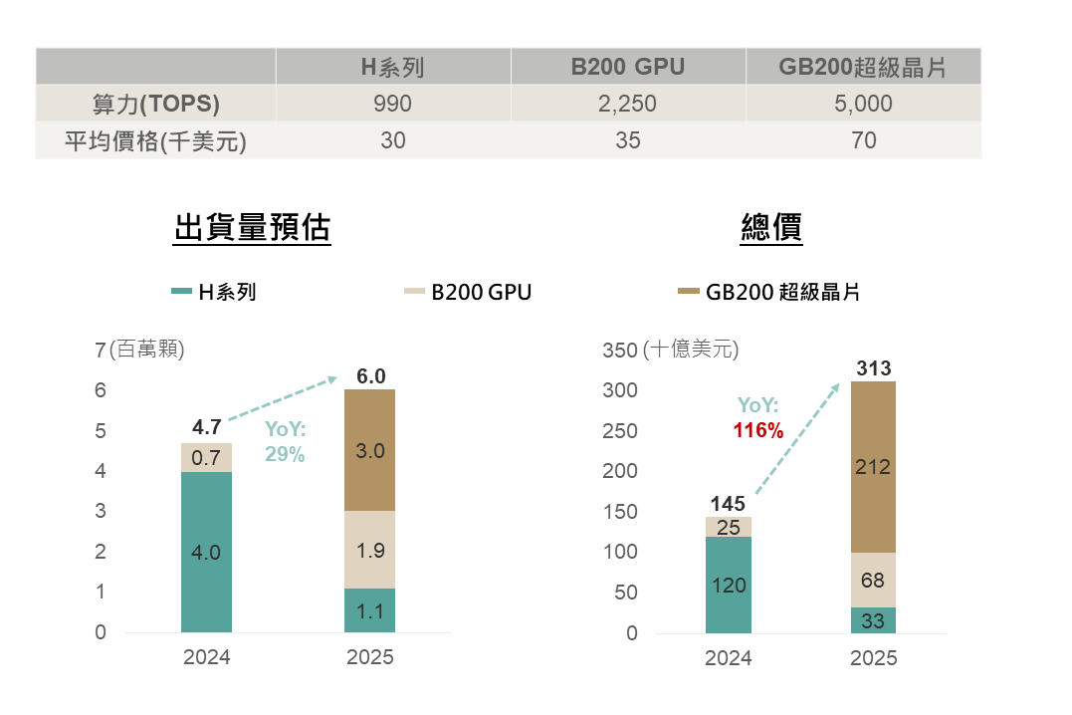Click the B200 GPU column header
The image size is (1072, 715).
[x=628, y=68]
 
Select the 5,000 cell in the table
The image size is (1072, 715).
[x=864, y=104]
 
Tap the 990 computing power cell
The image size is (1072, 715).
[x=393, y=104]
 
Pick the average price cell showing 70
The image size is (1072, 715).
[x=864, y=140]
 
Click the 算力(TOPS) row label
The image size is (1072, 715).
[x=155, y=104]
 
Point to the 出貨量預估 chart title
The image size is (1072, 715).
[x=252, y=228]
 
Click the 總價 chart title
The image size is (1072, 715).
[x=772, y=228]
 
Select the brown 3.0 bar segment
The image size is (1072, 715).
[x=369, y=450]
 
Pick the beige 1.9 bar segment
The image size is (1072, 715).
[x=369, y=550]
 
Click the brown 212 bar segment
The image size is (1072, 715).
[x=873, y=466]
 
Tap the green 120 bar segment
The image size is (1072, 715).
[x=729, y=585]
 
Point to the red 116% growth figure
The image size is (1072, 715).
[x=758, y=431]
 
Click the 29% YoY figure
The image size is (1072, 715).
[x=285, y=453]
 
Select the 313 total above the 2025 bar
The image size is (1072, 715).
[x=873, y=369]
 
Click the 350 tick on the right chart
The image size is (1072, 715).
[x=619, y=351]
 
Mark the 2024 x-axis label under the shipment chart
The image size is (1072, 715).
[x=206, y=657]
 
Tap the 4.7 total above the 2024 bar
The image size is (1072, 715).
[x=206, y=427]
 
